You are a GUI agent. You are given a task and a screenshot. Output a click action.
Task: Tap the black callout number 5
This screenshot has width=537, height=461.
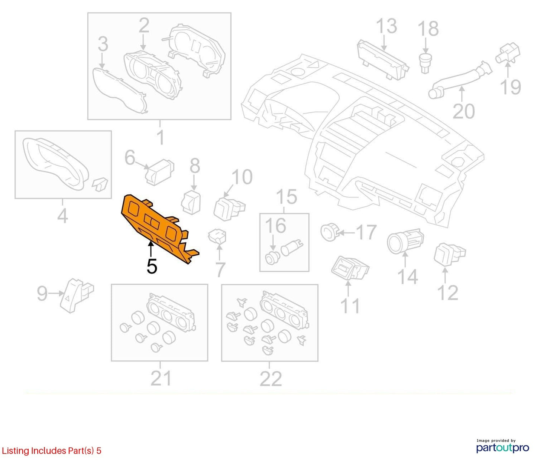152,266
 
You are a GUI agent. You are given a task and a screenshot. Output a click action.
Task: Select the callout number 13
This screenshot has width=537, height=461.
386,26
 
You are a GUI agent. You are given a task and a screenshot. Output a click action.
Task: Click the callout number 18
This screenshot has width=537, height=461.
428,29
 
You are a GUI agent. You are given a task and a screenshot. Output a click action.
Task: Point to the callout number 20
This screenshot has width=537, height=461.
464,112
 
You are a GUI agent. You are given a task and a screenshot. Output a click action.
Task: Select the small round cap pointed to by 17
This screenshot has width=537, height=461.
329,231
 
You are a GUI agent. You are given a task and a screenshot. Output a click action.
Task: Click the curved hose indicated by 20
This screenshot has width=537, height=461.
460,79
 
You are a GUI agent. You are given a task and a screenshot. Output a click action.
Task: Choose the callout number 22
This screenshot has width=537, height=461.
271,379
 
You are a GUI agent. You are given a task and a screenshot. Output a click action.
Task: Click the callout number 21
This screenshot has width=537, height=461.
161,378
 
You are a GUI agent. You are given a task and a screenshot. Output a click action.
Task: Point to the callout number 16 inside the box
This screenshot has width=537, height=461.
276,225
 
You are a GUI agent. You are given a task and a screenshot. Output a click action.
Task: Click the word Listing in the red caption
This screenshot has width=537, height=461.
16,451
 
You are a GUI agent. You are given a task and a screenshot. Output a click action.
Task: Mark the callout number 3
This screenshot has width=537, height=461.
103,45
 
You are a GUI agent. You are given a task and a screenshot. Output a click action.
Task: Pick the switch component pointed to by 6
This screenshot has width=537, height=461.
159,172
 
